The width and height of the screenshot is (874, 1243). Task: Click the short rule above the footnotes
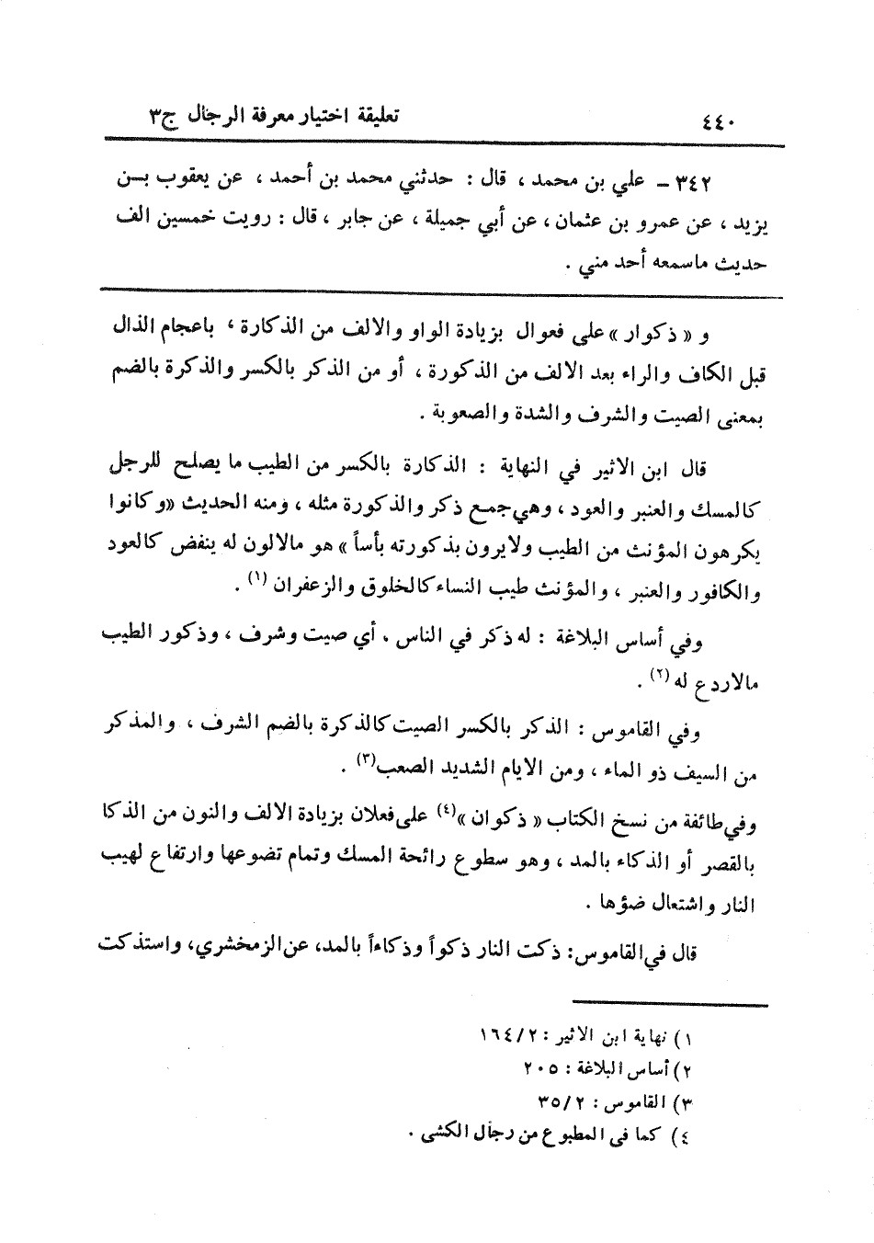pyautogui.click(x=668, y=1003)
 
